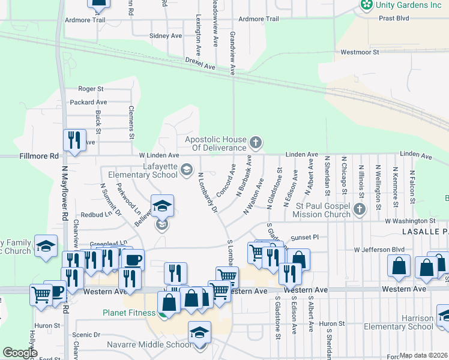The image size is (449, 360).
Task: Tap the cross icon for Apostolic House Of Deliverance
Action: click(x=256, y=143)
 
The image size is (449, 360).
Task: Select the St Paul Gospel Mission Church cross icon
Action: click(x=359, y=209)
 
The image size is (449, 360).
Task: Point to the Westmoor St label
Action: click(x=360, y=52)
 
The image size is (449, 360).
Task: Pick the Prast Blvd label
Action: click(x=394, y=19)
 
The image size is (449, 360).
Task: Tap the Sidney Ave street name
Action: click(x=166, y=36)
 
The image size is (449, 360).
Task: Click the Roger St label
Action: click(x=91, y=89)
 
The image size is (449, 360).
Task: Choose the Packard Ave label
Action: click(x=88, y=103)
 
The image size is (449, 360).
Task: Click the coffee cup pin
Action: click(x=133, y=260)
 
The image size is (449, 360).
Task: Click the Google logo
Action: click(x=20, y=353)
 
